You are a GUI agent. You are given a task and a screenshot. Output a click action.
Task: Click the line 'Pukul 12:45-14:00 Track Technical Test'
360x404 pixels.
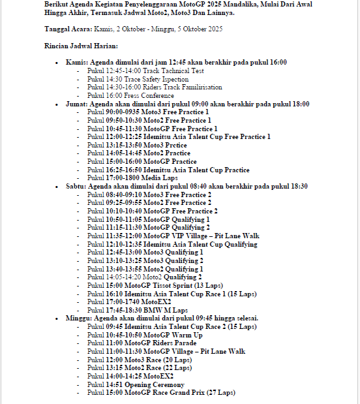[145, 70]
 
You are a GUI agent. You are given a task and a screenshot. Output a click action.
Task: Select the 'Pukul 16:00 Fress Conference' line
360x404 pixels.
[130, 95]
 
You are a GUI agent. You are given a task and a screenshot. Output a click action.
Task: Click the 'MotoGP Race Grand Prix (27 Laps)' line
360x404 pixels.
[161, 393]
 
